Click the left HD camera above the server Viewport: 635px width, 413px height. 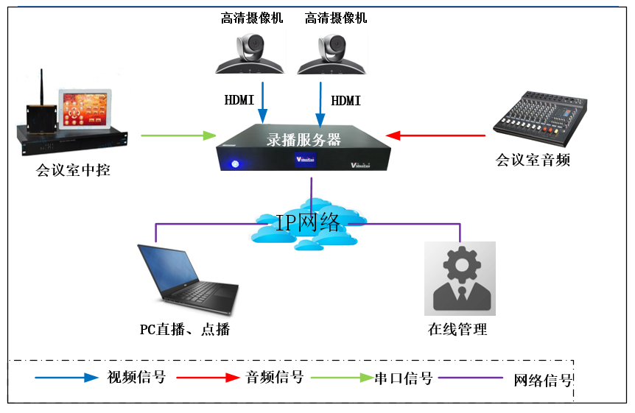[250, 52]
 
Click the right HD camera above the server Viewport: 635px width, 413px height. [331, 52]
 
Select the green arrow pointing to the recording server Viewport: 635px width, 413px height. [178, 135]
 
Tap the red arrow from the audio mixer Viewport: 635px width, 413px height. [435, 135]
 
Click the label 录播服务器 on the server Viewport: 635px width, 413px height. [303, 139]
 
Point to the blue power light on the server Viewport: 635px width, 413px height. [235, 164]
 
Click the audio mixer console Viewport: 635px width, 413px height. [541, 117]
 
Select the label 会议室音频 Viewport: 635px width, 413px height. [533, 159]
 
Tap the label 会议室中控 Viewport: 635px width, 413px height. [73, 172]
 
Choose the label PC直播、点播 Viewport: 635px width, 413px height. [185, 329]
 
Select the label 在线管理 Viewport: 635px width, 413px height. [457, 329]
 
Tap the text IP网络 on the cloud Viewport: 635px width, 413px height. [309, 223]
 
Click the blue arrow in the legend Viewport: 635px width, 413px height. [66, 378]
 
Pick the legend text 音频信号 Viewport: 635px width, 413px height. [274, 378]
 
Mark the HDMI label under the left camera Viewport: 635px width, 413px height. [239, 99]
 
